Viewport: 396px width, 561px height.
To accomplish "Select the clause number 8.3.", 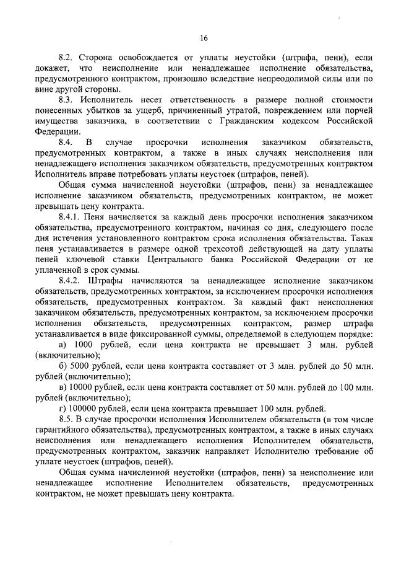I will [66, 100].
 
